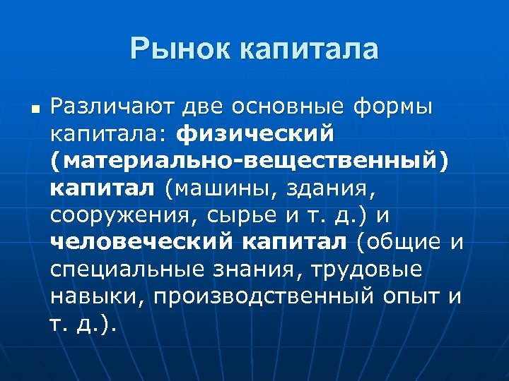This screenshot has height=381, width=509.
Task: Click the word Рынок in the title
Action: (x=180, y=49)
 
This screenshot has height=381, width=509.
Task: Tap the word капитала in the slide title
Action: (x=307, y=49)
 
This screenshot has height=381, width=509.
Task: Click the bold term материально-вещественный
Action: (x=249, y=162)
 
